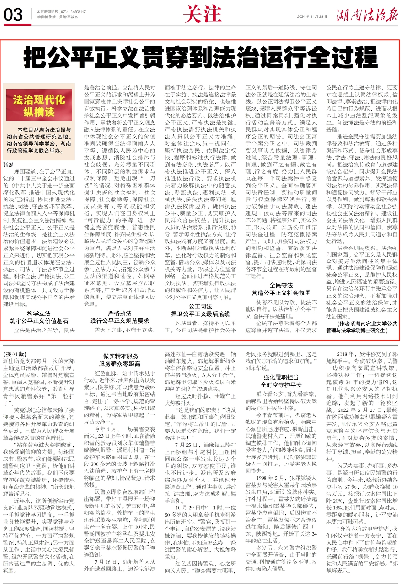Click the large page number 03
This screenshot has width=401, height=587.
pos(13,15)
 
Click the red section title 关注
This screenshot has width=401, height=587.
pos(202,14)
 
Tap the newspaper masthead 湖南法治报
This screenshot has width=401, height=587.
pos(367,16)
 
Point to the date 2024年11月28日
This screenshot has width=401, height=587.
pos(312,17)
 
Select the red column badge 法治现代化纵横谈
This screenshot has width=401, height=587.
pos(39,105)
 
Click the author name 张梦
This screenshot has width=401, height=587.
pos(9,164)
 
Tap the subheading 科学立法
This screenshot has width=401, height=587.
pos(39,314)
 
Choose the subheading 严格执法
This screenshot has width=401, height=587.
pos(120,313)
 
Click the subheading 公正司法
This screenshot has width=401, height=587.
pos(200,306)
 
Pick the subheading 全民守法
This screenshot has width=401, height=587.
pos(281,285)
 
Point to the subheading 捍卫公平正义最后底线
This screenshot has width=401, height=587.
pos(200,314)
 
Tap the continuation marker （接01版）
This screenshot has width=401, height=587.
pos(15,354)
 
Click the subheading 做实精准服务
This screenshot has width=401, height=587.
pos(121,356)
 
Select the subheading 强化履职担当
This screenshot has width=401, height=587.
pos(281,377)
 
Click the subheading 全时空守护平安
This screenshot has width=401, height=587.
pos(281,385)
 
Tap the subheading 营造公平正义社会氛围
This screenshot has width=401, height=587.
pos(281,293)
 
